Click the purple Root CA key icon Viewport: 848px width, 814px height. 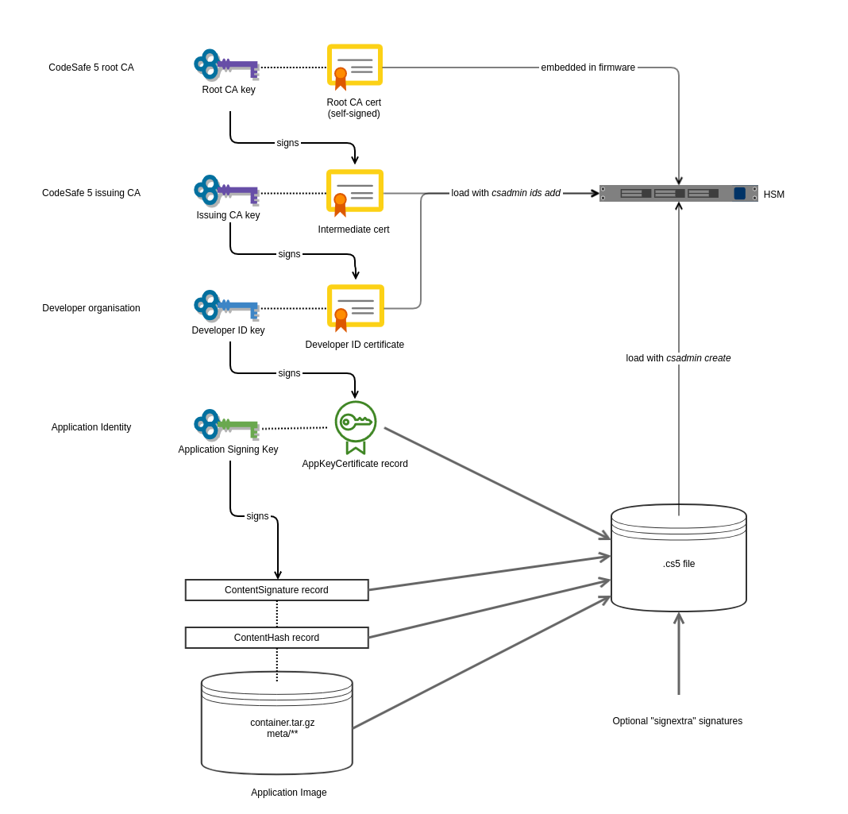(226, 65)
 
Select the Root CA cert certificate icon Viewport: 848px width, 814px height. (354, 65)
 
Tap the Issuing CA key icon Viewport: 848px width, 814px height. (226, 191)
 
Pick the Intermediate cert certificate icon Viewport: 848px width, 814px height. (354, 191)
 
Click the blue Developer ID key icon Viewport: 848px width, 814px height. (226, 306)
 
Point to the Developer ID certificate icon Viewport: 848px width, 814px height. (355, 307)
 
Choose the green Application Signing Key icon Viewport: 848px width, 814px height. (226, 425)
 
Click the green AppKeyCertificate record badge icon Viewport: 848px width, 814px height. (356, 426)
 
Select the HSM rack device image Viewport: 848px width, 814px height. (678, 193)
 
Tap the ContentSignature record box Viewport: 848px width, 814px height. (276, 590)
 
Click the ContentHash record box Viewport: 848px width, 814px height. (276, 638)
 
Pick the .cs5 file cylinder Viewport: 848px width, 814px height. (679, 563)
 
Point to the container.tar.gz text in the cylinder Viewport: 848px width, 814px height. (282, 723)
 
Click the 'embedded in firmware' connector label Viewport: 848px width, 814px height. (588, 68)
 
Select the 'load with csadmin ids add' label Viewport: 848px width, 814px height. (506, 193)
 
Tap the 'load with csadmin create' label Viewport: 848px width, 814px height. (678, 358)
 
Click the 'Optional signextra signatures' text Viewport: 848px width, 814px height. (677, 721)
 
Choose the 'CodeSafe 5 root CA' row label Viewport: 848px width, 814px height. (91, 68)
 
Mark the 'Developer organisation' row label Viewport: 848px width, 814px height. (91, 308)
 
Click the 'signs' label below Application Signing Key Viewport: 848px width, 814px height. (257, 516)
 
